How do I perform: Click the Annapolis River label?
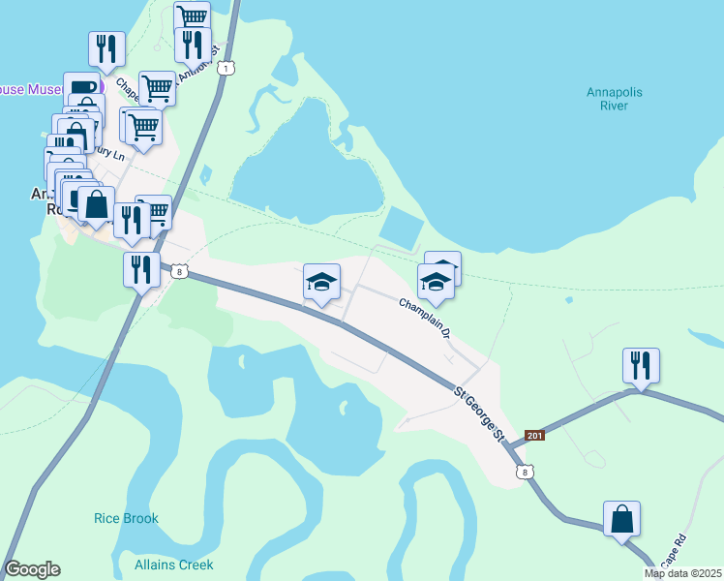pos(615,99)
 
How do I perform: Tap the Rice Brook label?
pos(126,519)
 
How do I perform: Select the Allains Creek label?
pos(174,565)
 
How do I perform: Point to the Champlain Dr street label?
pos(427,318)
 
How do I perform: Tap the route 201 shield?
pos(535,436)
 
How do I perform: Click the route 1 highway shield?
pos(226,68)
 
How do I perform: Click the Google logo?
pos(32,569)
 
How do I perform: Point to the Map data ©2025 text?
pos(681,573)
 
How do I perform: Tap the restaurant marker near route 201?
pos(641,366)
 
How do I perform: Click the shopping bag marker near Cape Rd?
pos(621,519)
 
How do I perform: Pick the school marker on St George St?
pos(322,282)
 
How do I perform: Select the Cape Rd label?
pos(673,552)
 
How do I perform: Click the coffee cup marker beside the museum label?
pos(82,88)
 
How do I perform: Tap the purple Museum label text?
pos(33,89)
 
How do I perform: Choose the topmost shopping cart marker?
pos(193,16)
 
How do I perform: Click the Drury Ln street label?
pos(107,152)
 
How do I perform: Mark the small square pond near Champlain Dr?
pos(402,229)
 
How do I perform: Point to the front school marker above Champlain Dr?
pos(436,283)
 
